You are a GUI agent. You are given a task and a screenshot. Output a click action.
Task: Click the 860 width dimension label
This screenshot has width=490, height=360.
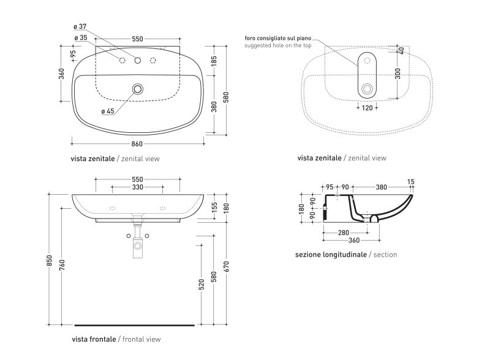click(x=137, y=144)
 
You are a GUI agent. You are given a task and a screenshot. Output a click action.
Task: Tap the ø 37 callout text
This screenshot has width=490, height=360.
click(x=80, y=26)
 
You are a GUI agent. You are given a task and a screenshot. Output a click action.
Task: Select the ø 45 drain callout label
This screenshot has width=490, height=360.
click(x=108, y=111)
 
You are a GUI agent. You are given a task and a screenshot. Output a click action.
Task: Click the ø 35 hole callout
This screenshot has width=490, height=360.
click(x=81, y=38)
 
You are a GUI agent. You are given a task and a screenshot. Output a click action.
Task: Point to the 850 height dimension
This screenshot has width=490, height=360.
click(x=50, y=261)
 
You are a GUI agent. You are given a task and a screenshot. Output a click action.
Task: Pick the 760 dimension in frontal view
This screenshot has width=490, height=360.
click(x=62, y=264)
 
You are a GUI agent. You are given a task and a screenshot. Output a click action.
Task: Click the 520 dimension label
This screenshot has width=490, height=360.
click(x=202, y=284)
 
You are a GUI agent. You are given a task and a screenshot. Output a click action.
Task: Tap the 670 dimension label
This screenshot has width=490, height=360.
click(x=227, y=266)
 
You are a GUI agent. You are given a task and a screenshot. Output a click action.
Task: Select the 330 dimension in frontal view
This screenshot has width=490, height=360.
click(x=137, y=187)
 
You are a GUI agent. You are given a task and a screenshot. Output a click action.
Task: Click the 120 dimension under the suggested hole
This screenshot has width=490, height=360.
click(x=367, y=108)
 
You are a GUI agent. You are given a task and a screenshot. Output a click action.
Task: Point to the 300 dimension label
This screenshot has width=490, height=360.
click(x=398, y=73)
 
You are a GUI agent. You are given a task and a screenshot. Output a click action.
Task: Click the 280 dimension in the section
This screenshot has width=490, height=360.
click(x=344, y=233)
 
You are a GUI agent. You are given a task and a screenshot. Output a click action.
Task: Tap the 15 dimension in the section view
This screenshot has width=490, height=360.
click(x=411, y=182)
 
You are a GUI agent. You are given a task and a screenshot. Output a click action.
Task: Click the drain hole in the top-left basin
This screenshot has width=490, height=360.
click(x=137, y=89)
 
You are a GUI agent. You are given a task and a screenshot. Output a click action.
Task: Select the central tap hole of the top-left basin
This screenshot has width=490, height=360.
click(x=137, y=61)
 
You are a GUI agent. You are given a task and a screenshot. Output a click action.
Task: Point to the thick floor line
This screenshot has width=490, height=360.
click(x=134, y=325)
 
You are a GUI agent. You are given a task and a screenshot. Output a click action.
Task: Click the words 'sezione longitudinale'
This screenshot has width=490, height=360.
click(x=331, y=255)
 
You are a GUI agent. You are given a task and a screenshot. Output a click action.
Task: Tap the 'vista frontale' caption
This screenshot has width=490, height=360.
click(x=94, y=339)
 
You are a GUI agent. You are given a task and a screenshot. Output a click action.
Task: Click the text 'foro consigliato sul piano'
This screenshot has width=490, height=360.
click(x=278, y=39)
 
